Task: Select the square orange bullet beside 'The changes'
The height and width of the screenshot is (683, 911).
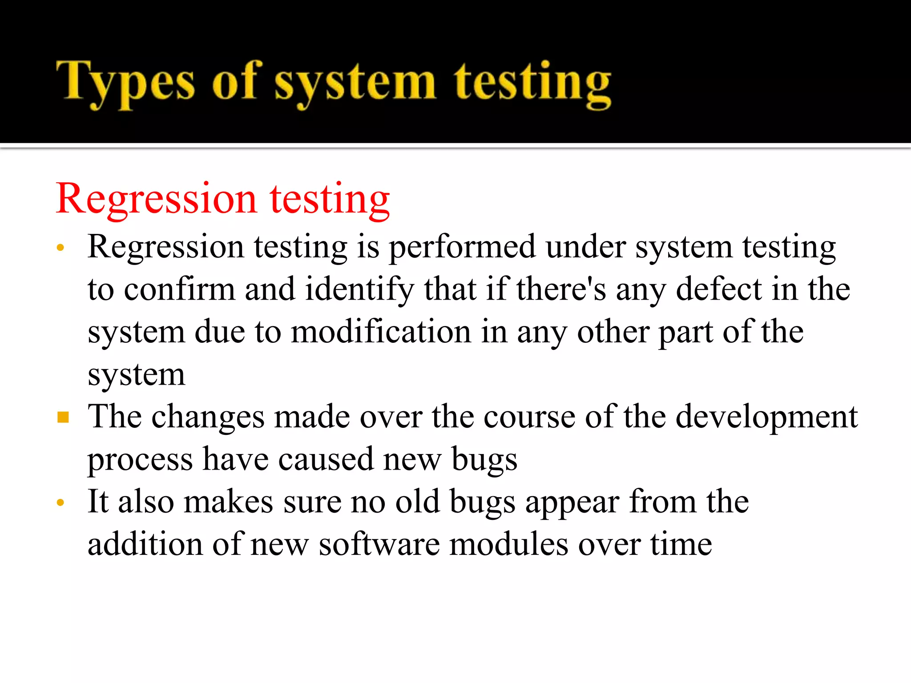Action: tap(63, 417)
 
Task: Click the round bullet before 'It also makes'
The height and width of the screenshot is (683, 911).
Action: tap(61, 503)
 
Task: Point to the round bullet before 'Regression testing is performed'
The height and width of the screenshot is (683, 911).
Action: tap(61, 247)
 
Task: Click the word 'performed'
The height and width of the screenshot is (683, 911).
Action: tap(462, 247)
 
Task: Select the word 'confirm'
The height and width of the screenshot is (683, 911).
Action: tap(179, 289)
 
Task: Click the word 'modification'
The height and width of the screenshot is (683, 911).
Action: tap(381, 332)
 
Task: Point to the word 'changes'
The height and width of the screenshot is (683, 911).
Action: tap(208, 417)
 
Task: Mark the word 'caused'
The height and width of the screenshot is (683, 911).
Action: tap(326, 459)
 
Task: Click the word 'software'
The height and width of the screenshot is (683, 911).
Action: tap(379, 544)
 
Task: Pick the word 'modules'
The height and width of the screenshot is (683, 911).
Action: tap(509, 544)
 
